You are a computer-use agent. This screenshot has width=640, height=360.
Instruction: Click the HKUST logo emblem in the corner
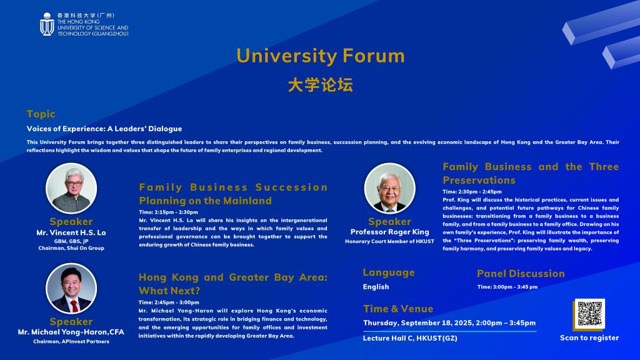[x=47, y=24]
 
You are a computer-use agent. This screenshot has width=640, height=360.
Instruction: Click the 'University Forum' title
[x=321, y=56]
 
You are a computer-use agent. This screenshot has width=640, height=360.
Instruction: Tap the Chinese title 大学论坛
[x=321, y=85]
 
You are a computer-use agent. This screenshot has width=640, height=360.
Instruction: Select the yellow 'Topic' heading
[x=41, y=114]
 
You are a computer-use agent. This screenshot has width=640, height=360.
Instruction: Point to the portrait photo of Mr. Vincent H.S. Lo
[x=71, y=188]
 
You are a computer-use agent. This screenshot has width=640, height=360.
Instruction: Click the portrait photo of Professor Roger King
[x=390, y=188]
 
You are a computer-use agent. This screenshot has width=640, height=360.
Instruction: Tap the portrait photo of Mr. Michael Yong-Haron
[x=71, y=288]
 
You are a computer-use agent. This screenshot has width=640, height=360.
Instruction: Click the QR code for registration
[x=590, y=314]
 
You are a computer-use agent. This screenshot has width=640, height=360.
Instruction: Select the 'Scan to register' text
[x=589, y=338]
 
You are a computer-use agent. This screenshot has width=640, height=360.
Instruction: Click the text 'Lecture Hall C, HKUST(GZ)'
[x=410, y=338]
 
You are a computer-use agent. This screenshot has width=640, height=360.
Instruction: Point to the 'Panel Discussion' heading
[x=521, y=274]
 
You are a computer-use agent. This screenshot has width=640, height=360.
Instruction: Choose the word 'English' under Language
[x=376, y=287]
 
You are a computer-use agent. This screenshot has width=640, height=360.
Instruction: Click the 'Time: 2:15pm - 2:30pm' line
[x=169, y=212]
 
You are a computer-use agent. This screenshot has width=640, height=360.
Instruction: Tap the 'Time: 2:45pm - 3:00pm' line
[x=169, y=302]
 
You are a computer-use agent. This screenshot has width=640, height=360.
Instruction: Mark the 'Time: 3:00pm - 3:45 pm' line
[x=507, y=287]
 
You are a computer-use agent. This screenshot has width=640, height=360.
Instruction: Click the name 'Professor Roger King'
[x=390, y=232]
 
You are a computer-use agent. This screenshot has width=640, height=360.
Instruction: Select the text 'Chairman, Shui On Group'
[x=71, y=248]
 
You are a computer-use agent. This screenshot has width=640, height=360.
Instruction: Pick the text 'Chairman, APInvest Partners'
[x=71, y=342]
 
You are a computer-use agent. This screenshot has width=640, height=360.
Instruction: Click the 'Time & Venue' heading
[x=398, y=309]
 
